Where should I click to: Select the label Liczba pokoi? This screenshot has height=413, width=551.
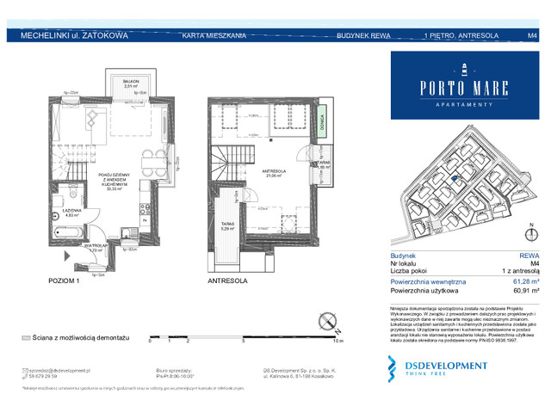pos(409,270)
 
